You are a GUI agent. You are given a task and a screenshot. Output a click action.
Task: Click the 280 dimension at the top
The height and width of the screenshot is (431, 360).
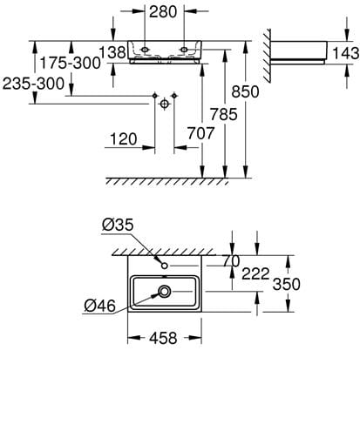pos(163,12)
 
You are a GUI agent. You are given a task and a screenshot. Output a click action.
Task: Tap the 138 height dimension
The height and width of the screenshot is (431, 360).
pos(112,52)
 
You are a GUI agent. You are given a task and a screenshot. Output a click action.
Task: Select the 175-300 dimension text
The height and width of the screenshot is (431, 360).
pos(70,63)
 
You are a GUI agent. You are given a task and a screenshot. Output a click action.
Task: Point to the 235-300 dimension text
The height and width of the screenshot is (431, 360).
pos(33,84)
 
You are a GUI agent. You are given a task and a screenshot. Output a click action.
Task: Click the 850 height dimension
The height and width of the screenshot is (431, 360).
pos(245,91)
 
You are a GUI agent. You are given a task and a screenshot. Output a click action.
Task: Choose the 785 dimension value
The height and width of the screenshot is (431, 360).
pos(224,114)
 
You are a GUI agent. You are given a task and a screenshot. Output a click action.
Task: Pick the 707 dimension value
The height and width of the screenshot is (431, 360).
pos(200,133)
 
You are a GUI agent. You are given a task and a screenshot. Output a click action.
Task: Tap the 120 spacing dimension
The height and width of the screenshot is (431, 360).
pos(124,139)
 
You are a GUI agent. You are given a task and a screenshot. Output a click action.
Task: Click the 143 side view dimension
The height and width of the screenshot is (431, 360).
pos(346,53)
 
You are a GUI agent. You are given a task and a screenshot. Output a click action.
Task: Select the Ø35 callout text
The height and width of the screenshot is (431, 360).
pos(118,225)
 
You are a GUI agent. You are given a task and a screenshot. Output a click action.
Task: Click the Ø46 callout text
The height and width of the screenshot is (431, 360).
pos(99,306)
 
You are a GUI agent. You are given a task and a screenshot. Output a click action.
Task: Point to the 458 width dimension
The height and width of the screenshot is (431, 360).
pos(163,338)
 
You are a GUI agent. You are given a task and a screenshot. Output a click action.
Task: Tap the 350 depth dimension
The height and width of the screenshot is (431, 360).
pos(287,284)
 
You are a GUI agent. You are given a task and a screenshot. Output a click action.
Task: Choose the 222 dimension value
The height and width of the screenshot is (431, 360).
pos(255,273)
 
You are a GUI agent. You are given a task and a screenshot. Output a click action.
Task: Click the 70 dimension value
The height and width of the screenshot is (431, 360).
pos(231,261)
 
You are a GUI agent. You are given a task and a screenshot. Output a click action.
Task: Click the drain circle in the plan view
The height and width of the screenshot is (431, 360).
pos(165,292)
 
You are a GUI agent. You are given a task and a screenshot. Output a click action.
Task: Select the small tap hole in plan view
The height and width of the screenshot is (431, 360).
pos(165,266)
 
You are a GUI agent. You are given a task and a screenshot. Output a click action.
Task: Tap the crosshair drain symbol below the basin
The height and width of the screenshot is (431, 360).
pos(165,104)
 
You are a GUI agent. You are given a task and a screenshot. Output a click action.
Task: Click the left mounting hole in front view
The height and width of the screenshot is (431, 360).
pos(145,50)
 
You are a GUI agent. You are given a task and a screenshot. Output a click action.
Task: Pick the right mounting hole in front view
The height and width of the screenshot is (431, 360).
pos(184,50)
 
